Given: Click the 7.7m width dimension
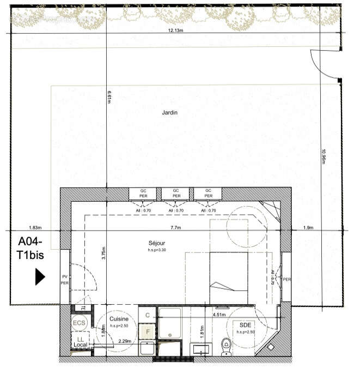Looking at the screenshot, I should tap(175, 227).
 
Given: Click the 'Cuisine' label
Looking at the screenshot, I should tap(119, 319).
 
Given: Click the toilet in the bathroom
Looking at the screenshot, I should tap(226, 346).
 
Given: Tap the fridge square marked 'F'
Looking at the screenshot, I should tap(146, 330).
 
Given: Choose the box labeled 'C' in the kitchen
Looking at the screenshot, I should tap(147, 314).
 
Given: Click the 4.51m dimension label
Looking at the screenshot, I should tap(219, 314).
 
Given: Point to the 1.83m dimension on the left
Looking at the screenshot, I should tap(35, 227).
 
